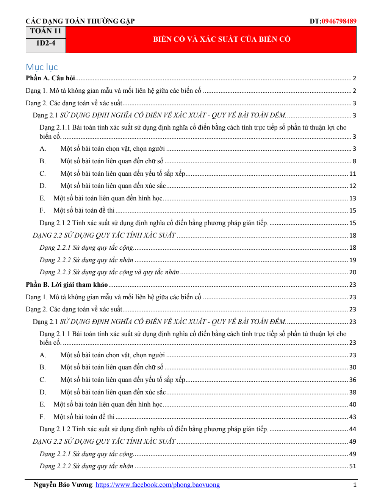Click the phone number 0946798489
click(x=339, y=21)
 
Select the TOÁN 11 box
click(x=45, y=31)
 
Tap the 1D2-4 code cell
click(x=45, y=43)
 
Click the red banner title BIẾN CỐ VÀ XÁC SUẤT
click(x=222, y=39)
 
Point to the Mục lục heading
click(x=42, y=67)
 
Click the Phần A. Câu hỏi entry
click(x=50, y=78)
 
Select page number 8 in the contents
click(x=354, y=161)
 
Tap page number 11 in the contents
click(x=353, y=174)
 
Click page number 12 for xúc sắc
click(x=353, y=186)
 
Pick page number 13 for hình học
click(x=353, y=198)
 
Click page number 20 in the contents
click(x=353, y=272)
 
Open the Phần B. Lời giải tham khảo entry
click(x=67, y=285)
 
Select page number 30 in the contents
click(x=353, y=367)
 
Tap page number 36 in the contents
click(x=353, y=380)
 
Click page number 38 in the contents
click(x=353, y=392)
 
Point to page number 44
click(x=353, y=429)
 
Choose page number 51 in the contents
click(x=353, y=466)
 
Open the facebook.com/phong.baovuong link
click(x=158, y=485)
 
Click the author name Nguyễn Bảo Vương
click(x=63, y=485)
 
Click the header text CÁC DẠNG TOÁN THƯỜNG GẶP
click(x=80, y=21)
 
